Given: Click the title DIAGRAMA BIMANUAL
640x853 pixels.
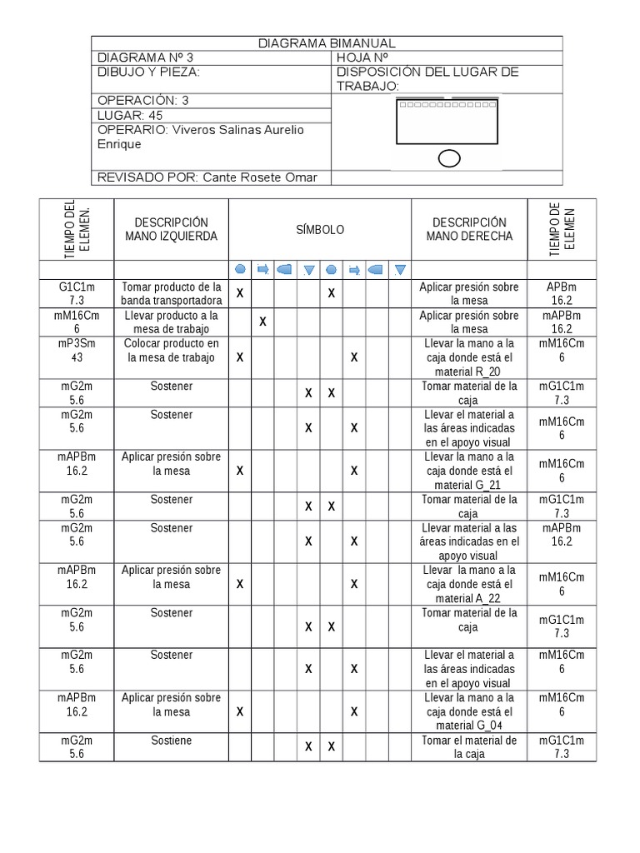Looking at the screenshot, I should [x=326, y=43].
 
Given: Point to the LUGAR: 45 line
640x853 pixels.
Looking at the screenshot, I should [x=130, y=115].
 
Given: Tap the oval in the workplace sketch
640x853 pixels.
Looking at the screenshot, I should [x=449, y=158].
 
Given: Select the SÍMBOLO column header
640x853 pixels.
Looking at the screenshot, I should [x=320, y=230].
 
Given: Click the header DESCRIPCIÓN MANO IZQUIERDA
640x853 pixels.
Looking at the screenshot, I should [x=171, y=229].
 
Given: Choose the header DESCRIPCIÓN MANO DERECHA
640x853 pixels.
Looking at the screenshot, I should [x=469, y=229].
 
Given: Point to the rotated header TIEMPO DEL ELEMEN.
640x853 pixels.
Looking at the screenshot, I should [x=77, y=230].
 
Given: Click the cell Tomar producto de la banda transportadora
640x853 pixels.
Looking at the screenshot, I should [x=171, y=293].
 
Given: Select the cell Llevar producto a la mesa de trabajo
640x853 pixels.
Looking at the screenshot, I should [x=171, y=322].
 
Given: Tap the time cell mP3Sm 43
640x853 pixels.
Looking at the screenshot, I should [x=77, y=351].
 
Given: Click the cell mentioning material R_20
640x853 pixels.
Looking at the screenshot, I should [x=469, y=358].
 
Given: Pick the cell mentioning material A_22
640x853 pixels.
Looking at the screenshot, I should [x=469, y=585].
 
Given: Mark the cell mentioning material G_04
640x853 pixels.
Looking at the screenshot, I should [x=469, y=712].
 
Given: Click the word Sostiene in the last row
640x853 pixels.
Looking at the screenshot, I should [x=171, y=741].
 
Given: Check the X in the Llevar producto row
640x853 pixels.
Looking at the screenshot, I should [x=262, y=322].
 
